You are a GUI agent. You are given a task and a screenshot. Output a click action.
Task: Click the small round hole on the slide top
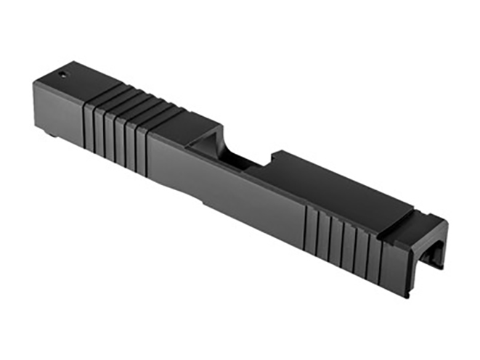point(63,73)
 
